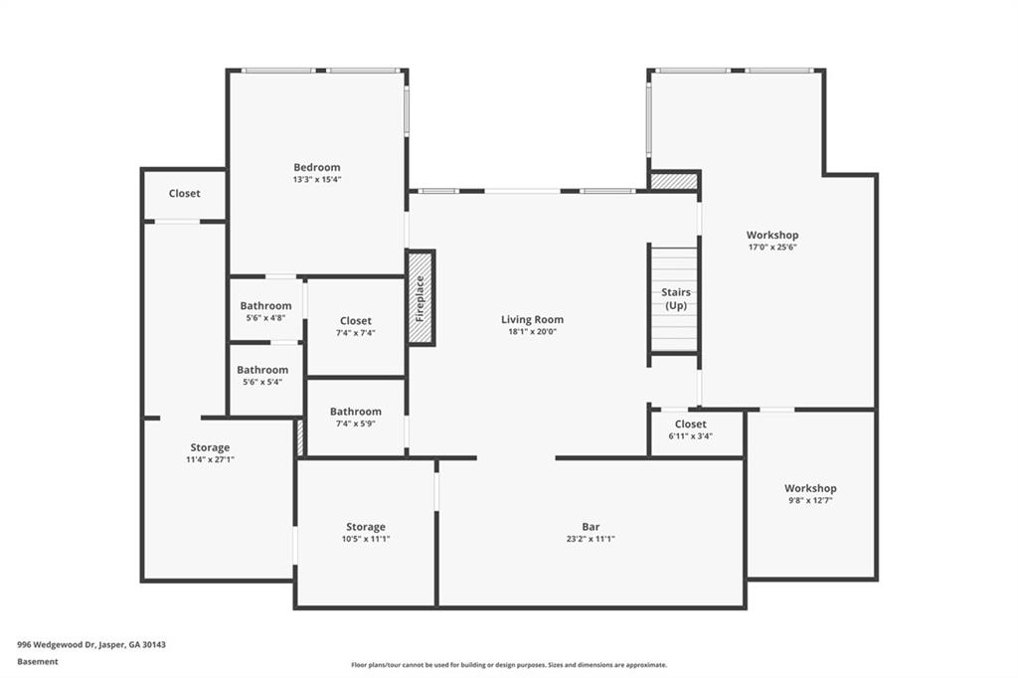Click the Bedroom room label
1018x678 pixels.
316,167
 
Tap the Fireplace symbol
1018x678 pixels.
421,297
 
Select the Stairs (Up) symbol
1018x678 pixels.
675,298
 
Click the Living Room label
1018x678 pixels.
532,319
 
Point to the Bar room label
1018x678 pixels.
591,527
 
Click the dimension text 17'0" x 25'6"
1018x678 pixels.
771,248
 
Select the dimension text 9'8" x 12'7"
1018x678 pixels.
810,500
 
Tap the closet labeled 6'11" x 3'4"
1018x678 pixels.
691,424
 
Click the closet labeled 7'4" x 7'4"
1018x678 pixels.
355,321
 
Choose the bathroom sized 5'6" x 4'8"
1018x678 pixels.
265,306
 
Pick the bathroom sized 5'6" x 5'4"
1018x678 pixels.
262,370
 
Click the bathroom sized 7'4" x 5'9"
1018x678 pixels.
355,412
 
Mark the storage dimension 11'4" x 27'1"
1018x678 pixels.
210,459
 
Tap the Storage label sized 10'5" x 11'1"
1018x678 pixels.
365,527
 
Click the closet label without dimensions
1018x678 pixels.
184,194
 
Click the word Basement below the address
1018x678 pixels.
38,661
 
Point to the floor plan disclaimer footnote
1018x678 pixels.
508,665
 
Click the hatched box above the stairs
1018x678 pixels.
674,181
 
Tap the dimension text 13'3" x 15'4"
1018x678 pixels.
316,180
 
